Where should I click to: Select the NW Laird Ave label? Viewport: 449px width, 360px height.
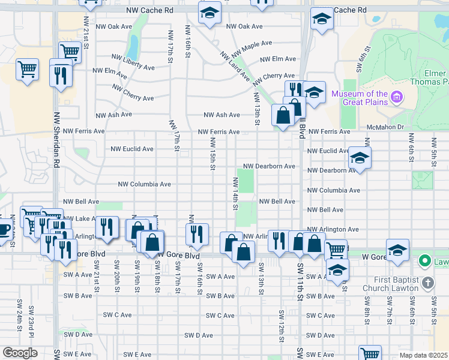[x=235, y=66]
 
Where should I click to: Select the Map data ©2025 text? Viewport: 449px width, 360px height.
[x=423, y=355]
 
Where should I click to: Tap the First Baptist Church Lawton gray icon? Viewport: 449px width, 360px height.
[x=427, y=282]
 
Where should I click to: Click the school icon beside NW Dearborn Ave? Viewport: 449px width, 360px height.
[x=359, y=158]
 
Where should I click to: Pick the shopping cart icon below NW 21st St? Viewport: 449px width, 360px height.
[x=70, y=52]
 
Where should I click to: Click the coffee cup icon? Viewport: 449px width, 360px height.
[x=5, y=229]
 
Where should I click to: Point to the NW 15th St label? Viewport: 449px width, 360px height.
[x=212, y=153]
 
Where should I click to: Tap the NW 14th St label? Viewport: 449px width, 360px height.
[x=235, y=193]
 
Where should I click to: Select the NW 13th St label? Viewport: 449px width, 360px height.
[x=257, y=109]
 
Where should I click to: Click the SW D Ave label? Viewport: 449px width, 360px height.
[x=199, y=335]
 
